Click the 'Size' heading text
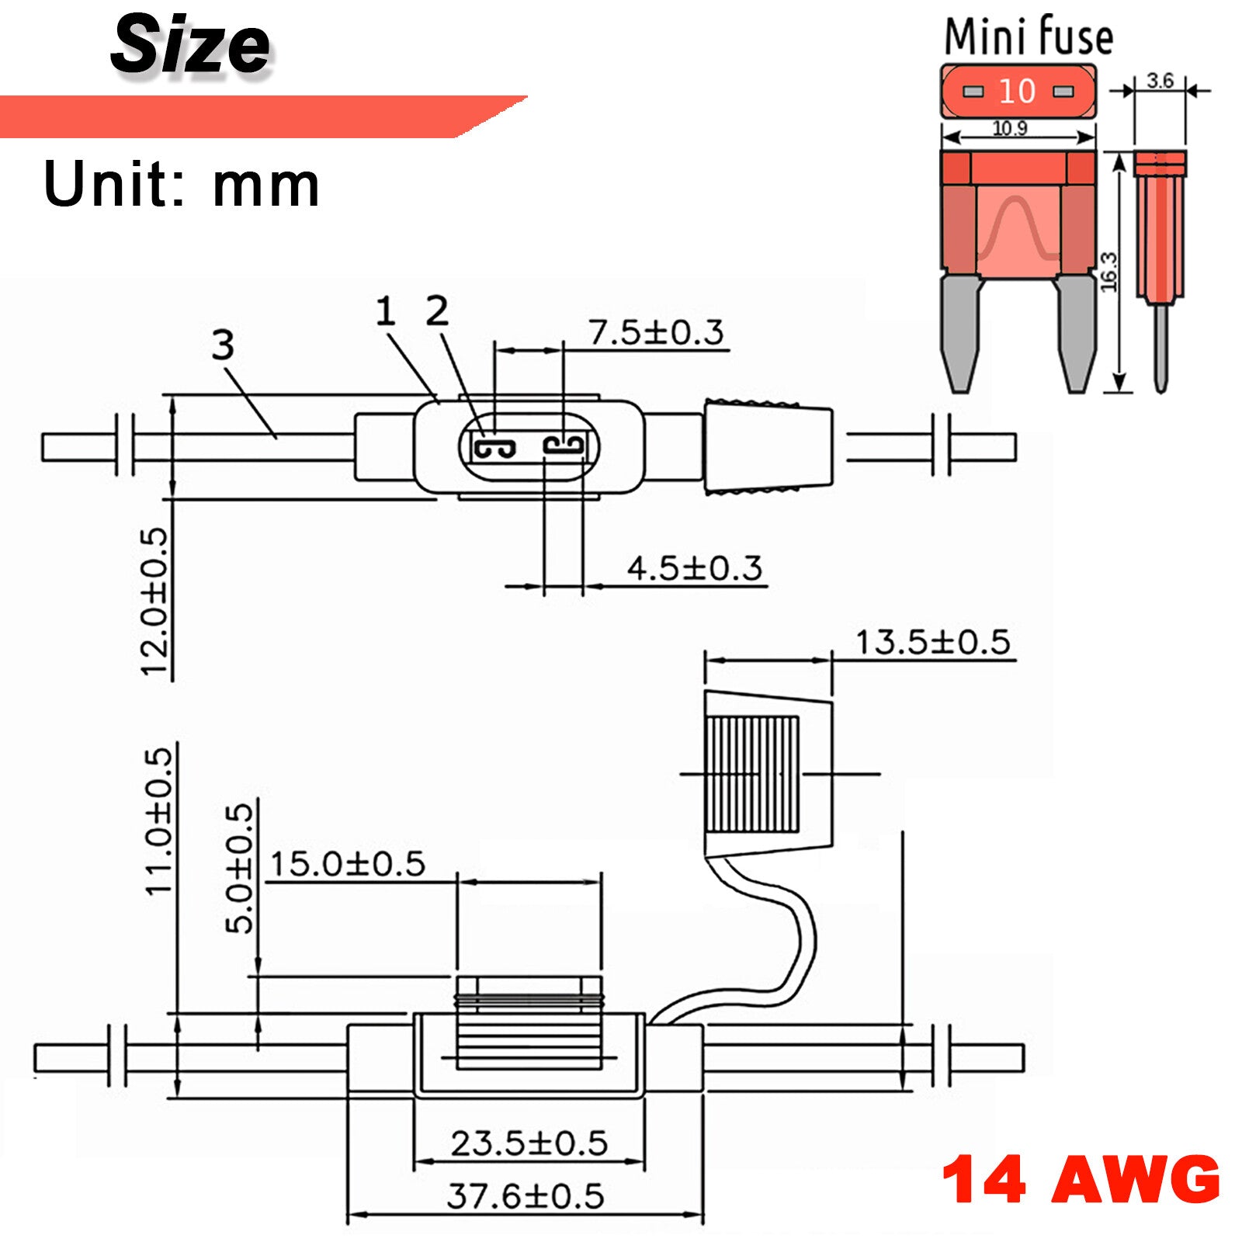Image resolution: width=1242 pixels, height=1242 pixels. (x=191, y=45)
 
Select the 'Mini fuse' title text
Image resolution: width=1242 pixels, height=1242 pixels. (x=1029, y=36)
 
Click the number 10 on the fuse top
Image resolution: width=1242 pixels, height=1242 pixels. (x=1017, y=92)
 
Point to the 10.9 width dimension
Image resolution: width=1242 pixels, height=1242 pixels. (x=1010, y=128)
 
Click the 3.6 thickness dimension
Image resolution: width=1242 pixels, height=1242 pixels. (x=1160, y=81)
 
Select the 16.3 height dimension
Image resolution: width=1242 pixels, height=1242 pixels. (x=1109, y=272)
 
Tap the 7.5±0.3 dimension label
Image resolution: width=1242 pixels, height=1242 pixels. (x=657, y=332)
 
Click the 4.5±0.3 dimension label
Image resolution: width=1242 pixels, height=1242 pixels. (x=695, y=568)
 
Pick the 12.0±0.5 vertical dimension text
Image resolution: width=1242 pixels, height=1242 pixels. (x=154, y=602)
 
